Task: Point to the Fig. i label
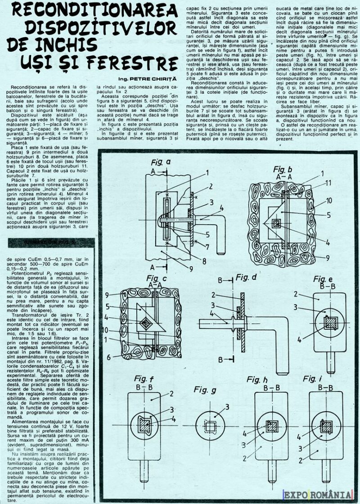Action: tap(312, 378)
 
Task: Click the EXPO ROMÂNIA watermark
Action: tap(317, 495)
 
